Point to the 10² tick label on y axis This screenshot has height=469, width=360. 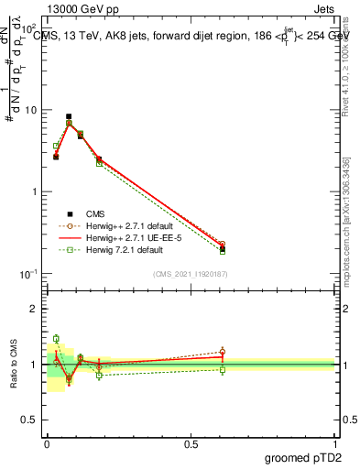(28, 29)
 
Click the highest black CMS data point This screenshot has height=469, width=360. (69, 117)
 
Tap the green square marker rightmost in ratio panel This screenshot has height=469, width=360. (223, 369)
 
